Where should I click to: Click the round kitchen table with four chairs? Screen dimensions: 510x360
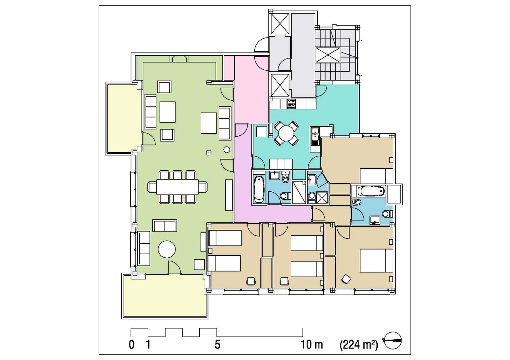(286, 134)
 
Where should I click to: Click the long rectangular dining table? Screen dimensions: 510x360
(177, 187)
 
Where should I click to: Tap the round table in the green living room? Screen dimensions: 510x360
(167, 249)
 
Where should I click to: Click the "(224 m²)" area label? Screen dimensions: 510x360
(359, 345)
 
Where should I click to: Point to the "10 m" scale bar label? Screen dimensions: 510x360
(312, 344)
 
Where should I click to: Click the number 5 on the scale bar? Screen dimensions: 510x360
(218, 345)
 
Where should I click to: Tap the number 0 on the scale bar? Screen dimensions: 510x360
(132, 345)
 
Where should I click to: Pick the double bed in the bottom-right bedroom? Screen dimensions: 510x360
(376, 260)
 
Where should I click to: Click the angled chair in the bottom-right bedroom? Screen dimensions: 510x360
(346, 279)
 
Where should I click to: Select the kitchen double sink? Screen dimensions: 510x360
(315, 136)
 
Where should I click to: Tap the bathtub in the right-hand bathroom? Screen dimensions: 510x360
(372, 191)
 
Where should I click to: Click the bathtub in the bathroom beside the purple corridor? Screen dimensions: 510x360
(259, 189)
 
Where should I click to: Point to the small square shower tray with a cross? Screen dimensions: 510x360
(322, 198)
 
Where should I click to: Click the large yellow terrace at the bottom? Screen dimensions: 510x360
(165, 296)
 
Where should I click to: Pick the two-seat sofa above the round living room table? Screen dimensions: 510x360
(165, 226)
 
